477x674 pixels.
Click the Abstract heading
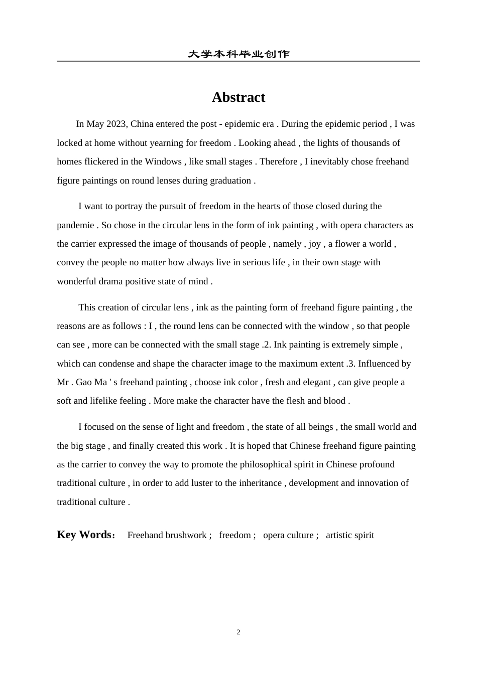coord(238,97)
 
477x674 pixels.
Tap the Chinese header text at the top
coord(238,54)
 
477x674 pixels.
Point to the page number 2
coord(238,632)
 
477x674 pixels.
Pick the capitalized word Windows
coord(163,161)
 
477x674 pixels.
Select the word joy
coord(315,244)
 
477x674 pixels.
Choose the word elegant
coord(314,382)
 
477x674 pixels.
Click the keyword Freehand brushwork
coord(167,535)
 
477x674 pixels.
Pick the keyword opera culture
coord(288,535)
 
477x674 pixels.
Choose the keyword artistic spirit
coord(350,535)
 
